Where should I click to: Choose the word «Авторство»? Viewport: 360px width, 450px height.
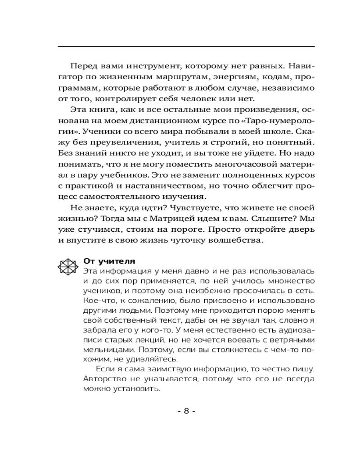pos(104,380)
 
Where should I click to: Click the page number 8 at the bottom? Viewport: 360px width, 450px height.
pos(186,411)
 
